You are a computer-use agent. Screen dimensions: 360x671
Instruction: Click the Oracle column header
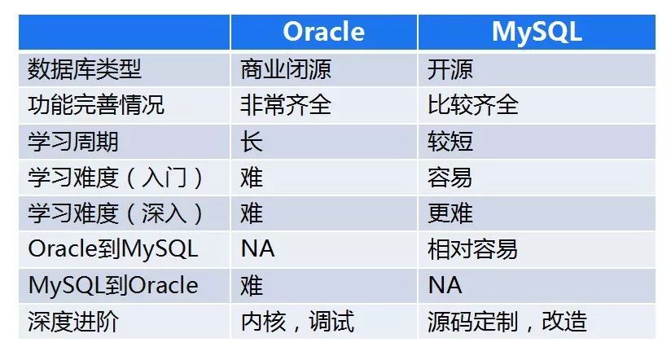click(x=324, y=32)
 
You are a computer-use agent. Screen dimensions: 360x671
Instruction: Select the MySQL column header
click(x=537, y=32)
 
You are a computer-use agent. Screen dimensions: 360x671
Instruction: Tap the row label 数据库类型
click(x=85, y=69)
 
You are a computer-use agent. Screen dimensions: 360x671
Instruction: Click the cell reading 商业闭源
click(x=285, y=69)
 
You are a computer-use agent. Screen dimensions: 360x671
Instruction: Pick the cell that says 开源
click(x=450, y=69)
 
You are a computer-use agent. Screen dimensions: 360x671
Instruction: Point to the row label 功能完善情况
click(x=96, y=105)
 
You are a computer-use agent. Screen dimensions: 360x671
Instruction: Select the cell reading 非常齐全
click(x=285, y=105)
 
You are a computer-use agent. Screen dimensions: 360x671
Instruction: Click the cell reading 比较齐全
click(x=472, y=105)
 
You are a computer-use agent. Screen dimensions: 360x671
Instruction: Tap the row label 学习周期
click(x=73, y=141)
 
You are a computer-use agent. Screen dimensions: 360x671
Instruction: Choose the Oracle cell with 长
click(x=252, y=141)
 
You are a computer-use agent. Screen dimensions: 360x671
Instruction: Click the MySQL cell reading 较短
click(x=450, y=141)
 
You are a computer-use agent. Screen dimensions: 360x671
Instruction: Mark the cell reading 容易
click(x=450, y=177)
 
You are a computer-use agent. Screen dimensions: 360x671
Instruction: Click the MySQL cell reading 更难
click(x=450, y=213)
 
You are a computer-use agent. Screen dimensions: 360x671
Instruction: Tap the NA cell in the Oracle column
click(x=257, y=248)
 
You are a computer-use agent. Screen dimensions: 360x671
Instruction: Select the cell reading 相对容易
click(x=472, y=248)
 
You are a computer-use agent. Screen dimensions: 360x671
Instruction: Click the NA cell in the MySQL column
click(x=445, y=284)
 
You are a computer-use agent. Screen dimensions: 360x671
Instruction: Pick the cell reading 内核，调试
click(x=296, y=321)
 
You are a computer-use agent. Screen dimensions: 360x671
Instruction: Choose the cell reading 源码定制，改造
click(x=507, y=321)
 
